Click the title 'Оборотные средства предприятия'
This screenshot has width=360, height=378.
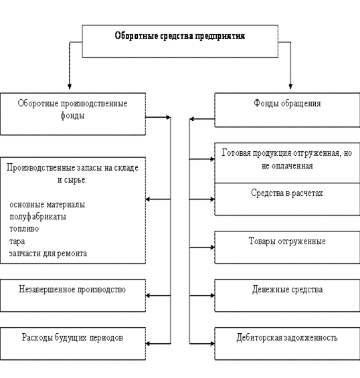click(180, 36)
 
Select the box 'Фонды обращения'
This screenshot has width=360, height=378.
click(287, 110)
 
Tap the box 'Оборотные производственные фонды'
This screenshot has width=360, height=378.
click(73, 114)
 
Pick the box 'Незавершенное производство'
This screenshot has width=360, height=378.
click(73, 296)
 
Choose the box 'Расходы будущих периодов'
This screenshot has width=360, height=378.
click(73, 344)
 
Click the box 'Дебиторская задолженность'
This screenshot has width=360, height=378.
click(287, 344)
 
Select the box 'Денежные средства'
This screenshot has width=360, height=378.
click(287, 296)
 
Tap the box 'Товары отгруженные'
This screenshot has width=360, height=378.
click(287, 248)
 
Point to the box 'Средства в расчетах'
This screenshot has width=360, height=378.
click(287, 199)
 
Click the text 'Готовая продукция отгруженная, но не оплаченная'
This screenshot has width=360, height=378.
click(287, 159)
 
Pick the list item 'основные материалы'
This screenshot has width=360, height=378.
click(48, 205)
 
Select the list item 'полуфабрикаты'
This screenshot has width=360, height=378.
click(37, 217)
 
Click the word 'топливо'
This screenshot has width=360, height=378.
click(24, 229)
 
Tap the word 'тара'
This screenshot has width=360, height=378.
click(17, 241)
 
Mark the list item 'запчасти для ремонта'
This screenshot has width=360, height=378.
click(48, 254)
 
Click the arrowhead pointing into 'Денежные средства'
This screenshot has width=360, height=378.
click(212, 296)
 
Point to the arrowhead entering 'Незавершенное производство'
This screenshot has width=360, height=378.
click(148, 296)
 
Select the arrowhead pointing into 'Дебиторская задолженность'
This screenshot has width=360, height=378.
click(212, 344)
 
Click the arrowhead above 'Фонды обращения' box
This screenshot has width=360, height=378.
click(290, 86)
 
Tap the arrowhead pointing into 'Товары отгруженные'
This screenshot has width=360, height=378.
click(212, 248)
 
